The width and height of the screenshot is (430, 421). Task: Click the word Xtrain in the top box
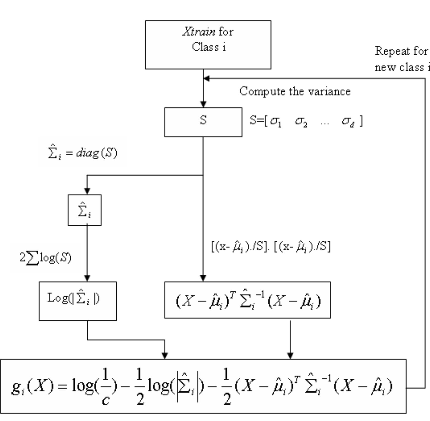pos(198,32)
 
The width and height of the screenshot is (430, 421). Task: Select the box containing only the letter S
pos(203,122)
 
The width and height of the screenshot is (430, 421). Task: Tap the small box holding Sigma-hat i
pos(84,210)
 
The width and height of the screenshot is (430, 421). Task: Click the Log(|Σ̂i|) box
pos(78,301)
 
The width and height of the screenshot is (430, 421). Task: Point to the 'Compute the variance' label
pos(295,92)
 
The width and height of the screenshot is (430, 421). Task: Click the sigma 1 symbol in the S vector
pos(276,121)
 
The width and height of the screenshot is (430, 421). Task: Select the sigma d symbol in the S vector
pos(348,121)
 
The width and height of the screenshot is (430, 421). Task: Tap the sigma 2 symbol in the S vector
pos(301,121)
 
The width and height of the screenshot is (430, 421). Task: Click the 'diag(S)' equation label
pos(82,153)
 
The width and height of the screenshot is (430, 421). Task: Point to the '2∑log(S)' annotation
pos(46,258)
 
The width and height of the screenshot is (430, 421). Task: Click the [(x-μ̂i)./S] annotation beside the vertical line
pos(271,247)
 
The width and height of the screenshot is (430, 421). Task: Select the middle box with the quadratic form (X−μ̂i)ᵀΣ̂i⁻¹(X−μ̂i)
pos(247,300)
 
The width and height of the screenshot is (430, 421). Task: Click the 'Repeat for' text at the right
pos(401,51)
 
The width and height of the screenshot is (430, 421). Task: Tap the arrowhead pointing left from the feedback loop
pos(207,78)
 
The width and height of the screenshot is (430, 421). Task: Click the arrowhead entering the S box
pos(203,104)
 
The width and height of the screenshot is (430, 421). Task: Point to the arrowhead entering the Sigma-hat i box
pos(87,191)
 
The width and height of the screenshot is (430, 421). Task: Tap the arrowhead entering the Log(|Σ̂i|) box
pos(87,278)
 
